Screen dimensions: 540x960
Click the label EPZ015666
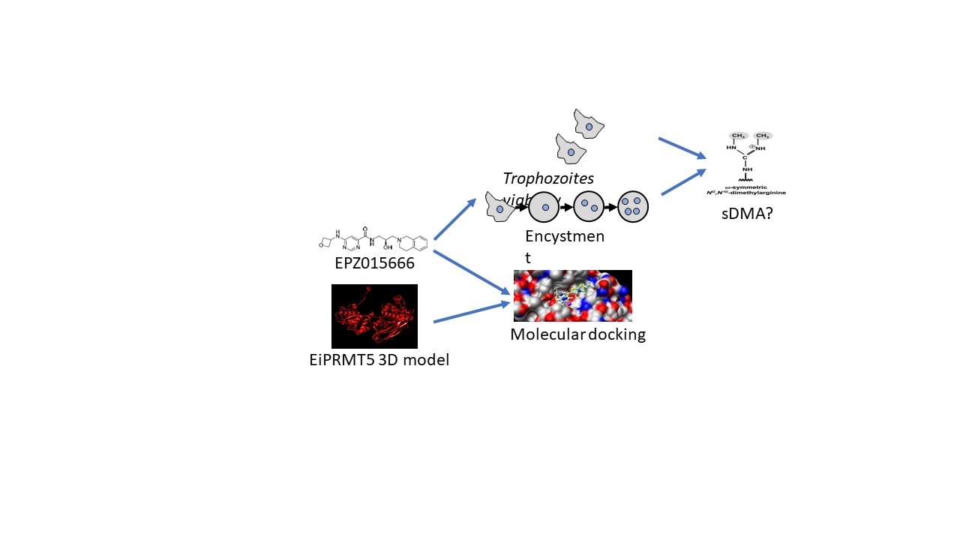click(x=373, y=264)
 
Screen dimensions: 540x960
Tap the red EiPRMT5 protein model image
click(x=374, y=316)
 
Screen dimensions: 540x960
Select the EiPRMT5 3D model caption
click(x=379, y=360)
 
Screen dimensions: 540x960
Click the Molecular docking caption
click(x=577, y=334)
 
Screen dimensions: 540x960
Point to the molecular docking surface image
click(x=572, y=295)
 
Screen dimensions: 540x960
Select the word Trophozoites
click(x=548, y=178)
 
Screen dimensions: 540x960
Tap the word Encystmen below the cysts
click(x=565, y=237)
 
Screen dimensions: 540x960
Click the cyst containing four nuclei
click(x=632, y=207)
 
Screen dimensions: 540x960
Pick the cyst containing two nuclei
click(x=589, y=206)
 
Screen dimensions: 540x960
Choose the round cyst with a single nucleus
click(x=544, y=207)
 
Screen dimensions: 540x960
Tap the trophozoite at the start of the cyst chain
click(x=499, y=207)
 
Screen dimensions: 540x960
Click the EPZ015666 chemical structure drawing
click(x=373, y=240)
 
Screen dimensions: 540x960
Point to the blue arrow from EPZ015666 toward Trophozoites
click(x=454, y=220)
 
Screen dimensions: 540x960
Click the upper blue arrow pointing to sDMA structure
click(x=682, y=148)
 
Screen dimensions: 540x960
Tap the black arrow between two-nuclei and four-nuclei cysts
click(x=610, y=207)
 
